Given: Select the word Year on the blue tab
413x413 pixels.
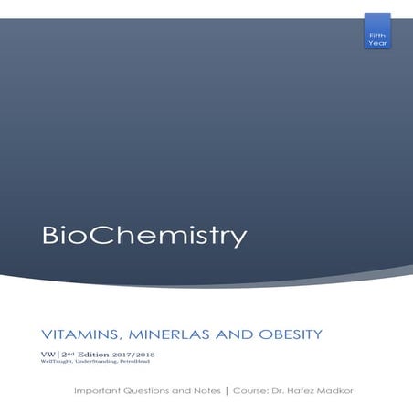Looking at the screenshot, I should pos(376,42).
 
